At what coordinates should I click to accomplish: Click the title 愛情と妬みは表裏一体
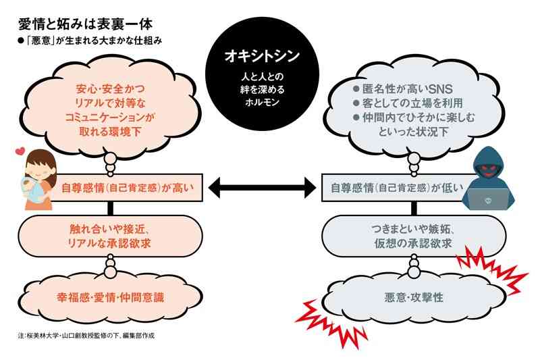pyautogui.click(x=86, y=24)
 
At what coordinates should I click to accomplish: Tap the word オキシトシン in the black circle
pyautogui.click(x=262, y=56)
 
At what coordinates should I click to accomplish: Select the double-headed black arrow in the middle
pyautogui.click(x=262, y=188)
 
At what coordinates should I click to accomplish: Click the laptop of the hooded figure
pyautogui.click(x=488, y=199)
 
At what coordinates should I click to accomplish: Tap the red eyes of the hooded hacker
pyautogui.click(x=487, y=168)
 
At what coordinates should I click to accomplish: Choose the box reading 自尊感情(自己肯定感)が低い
pyautogui.click(x=396, y=188)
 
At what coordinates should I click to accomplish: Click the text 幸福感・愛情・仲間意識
pyautogui.click(x=111, y=297)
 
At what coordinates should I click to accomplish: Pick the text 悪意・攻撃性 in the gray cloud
pyautogui.click(x=414, y=297)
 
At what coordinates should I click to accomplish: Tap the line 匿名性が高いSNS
pyautogui.click(x=403, y=89)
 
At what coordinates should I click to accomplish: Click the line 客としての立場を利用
pyautogui.click(x=408, y=103)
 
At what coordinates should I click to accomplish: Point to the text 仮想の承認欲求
pyautogui.click(x=413, y=244)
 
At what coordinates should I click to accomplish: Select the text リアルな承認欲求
pyautogui.click(x=109, y=244)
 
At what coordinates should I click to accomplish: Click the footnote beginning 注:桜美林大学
pyautogui.click(x=86, y=335)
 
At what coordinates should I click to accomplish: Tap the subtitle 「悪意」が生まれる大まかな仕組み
pyautogui.click(x=90, y=41)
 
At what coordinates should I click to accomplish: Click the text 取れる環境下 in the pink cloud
pyautogui.click(x=110, y=132)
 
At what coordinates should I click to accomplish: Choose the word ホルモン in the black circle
pyautogui.click(x=262, y=102)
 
